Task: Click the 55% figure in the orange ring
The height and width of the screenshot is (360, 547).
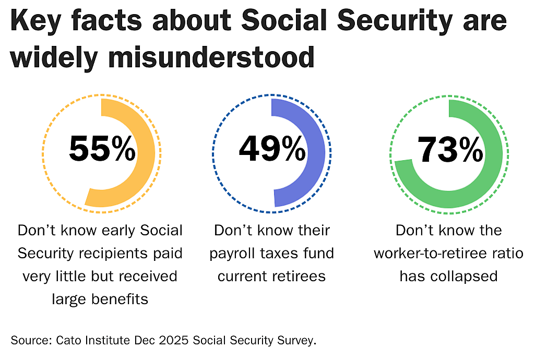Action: [102, 149]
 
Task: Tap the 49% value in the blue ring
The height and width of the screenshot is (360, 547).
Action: [272, 149]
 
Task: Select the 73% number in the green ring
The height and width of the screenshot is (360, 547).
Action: [450, 149]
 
